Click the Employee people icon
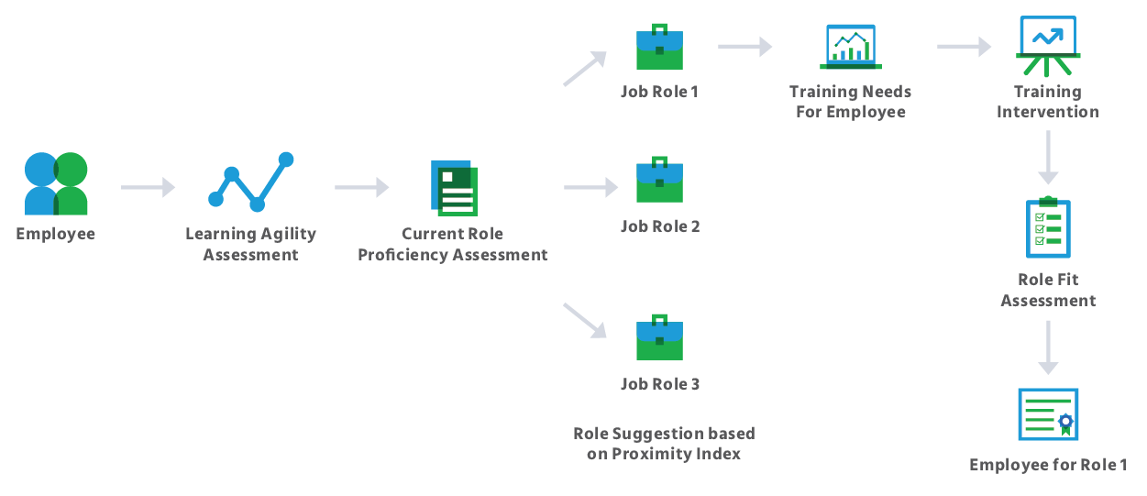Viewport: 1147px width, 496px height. coord(56,184)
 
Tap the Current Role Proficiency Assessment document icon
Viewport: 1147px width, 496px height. coord(453,188)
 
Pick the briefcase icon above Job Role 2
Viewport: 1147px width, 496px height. coord(659,180)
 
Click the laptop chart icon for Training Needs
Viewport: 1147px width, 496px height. coord(850,47)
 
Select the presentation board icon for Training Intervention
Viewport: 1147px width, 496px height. coord(1048,46)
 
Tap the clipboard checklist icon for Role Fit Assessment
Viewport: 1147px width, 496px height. coord(1048,227)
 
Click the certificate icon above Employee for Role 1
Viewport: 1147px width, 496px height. coord(1047,414)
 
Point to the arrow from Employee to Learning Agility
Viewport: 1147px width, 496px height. coord(148,188)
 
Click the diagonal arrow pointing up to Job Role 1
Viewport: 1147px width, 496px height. coord(585,69)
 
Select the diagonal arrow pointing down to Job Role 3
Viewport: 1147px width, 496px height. coord(585,319)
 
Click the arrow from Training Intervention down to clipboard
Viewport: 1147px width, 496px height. coord(1048,158)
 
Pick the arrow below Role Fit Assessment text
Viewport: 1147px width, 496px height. coord(1048,347)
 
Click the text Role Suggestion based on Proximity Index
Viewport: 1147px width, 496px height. coord(664,444)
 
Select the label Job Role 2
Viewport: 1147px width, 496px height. coord(660,226)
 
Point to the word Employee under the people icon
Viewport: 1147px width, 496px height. coord(56,235)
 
